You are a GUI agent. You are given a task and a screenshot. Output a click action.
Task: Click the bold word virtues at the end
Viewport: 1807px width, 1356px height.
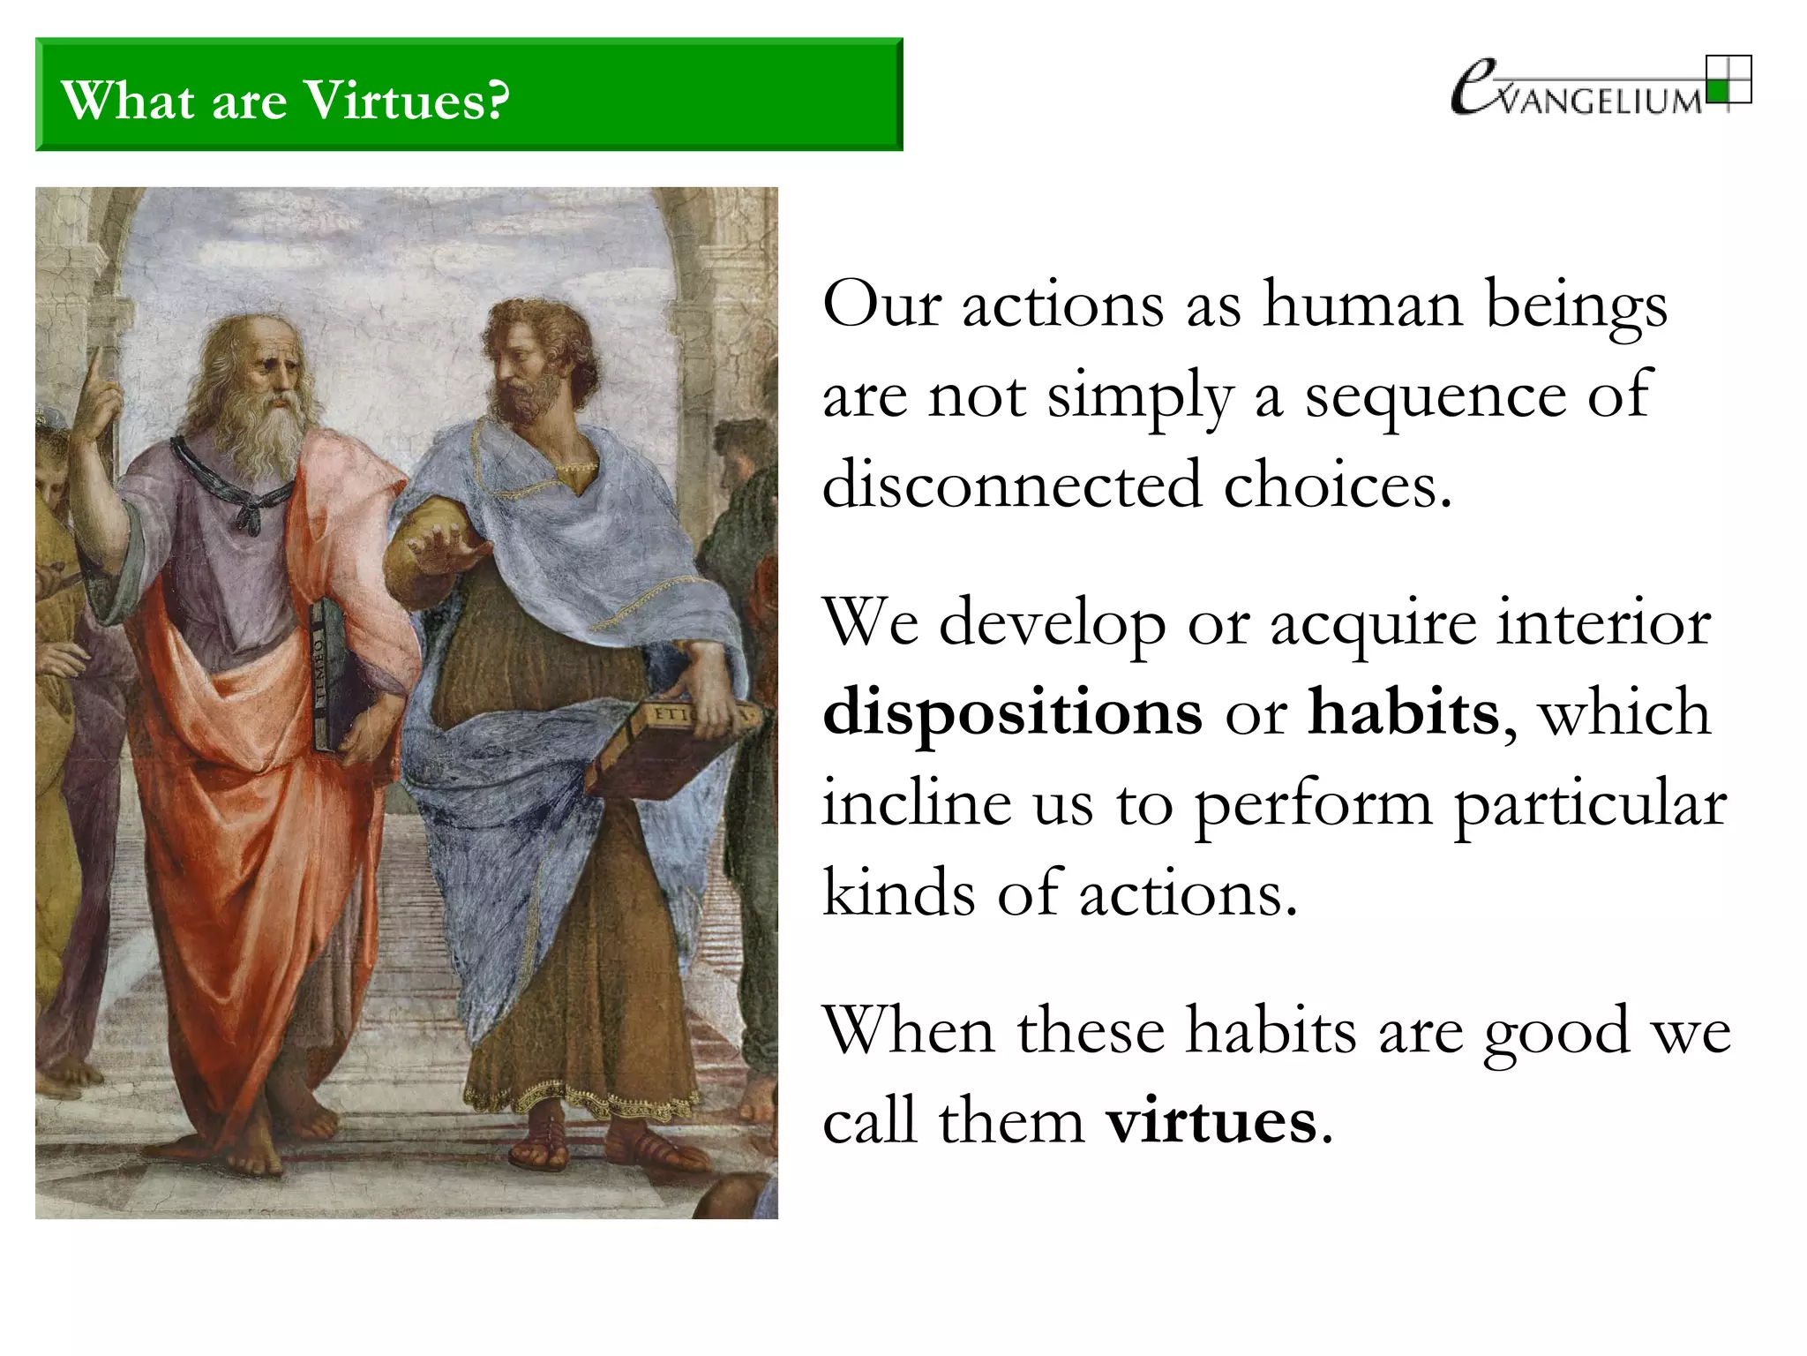pos(1211,1121)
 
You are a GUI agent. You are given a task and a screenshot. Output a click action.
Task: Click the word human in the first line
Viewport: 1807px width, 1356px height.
pos(1363,304)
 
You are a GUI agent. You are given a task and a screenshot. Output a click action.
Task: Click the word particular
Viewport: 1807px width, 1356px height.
pos(1589,802)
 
